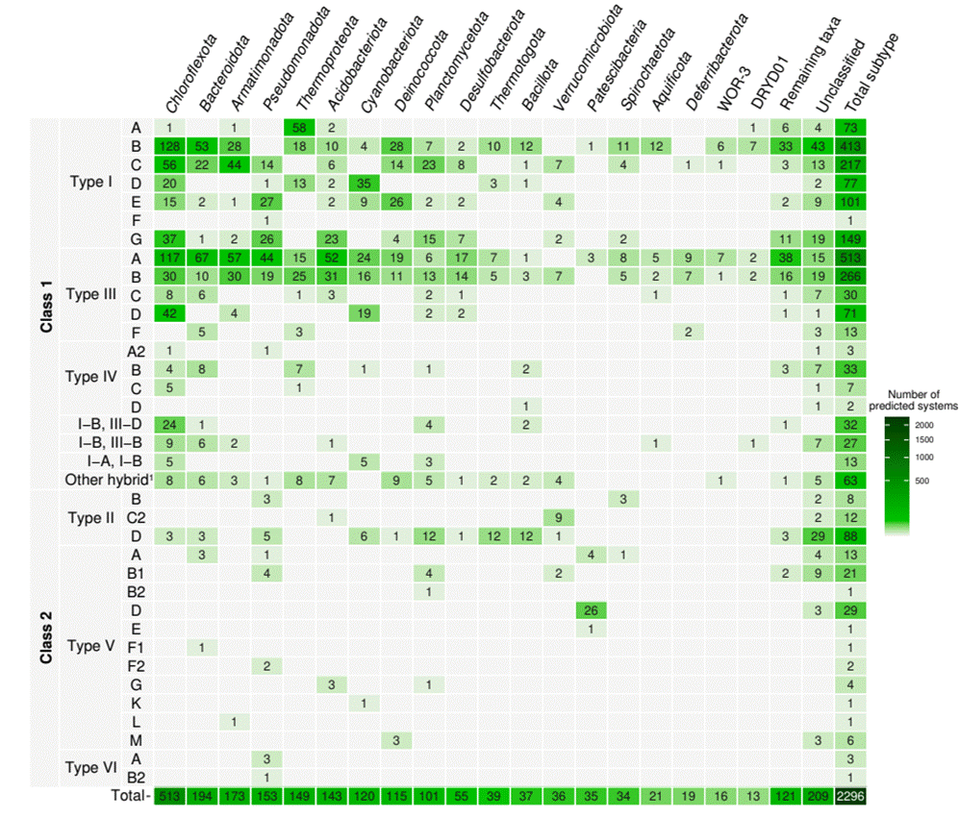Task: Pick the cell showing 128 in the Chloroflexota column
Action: [x=168, y=145]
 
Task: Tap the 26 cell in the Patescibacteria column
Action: [x=593, y=611]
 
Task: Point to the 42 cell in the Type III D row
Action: [x=168, y=313]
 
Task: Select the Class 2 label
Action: [x=45, y=637]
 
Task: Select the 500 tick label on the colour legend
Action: [x=924, y=481]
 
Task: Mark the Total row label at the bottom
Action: [x=129, y=796]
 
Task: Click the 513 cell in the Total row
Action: [x=168, y=796]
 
